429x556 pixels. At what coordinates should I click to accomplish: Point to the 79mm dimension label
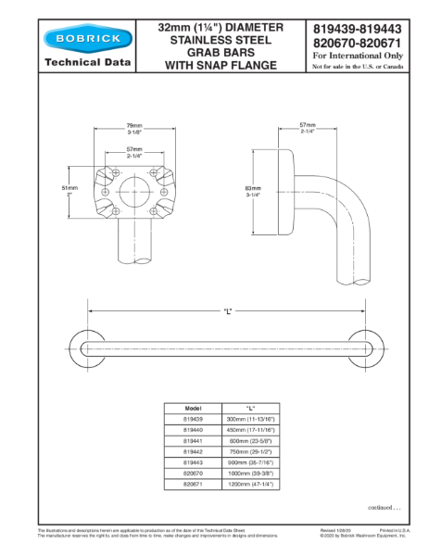pos(134,126)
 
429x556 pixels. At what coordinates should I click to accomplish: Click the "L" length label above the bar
pos(227,310)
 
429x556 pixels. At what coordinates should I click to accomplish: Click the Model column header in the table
pos(194,408)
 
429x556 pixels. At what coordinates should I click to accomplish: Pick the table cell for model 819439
pos(194,419)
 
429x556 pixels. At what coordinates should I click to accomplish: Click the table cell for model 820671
pos(194,483)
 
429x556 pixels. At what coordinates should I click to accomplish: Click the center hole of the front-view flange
pos(134,192)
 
